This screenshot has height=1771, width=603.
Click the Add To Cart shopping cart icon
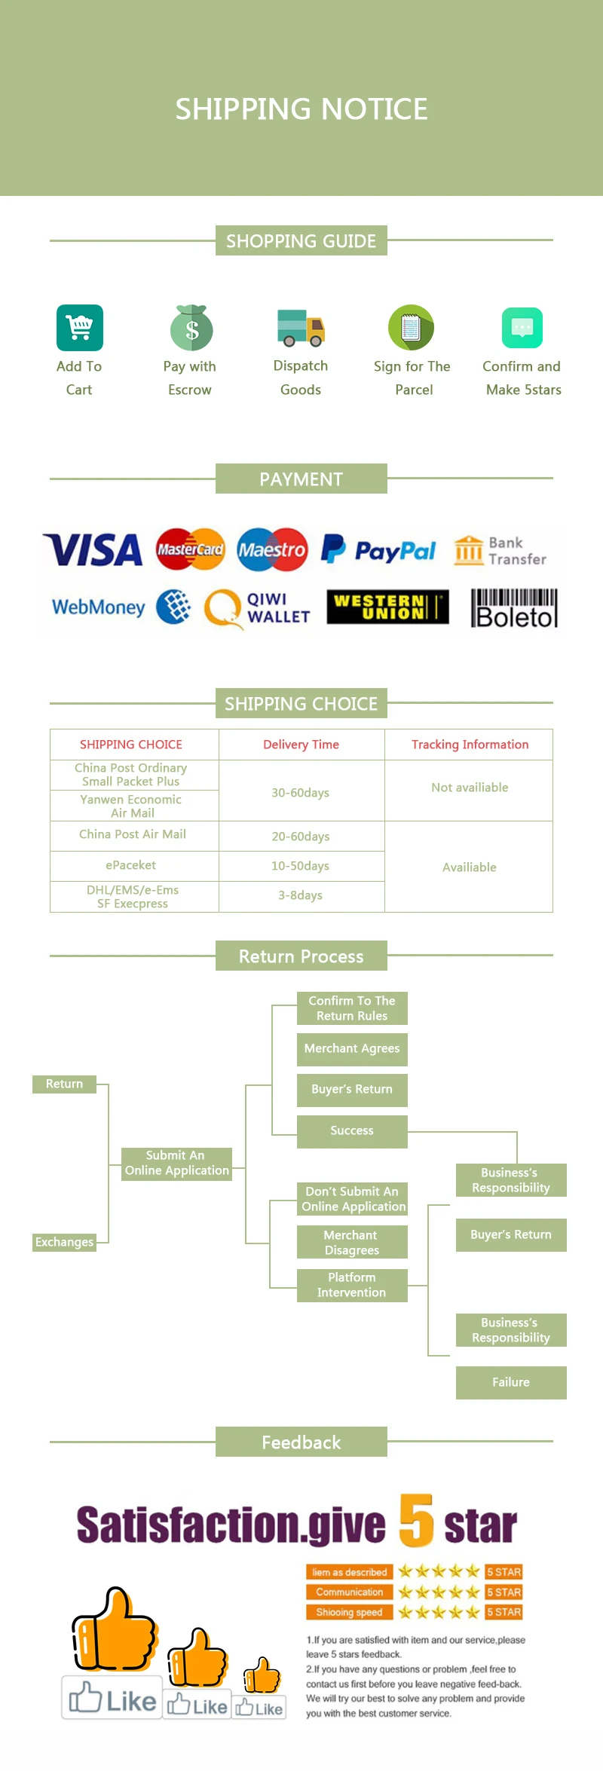pyautogui.click(x=79, y=328)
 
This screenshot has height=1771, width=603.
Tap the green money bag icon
pyautogui.click(x=191, y=328)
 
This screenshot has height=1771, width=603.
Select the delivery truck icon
pyautogui.click(x=301, y=328)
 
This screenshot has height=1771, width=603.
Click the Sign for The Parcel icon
pyautogui.click(x=411, y=328)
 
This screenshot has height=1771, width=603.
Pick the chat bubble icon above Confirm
pyautogui.click(x=522, y=328)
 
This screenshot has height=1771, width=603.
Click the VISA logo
pyautogui.click(x=93, y=550)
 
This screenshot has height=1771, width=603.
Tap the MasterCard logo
pyautogui.click(x=190, y=549)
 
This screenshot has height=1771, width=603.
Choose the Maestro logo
pyautogui.click(x=272, y=549)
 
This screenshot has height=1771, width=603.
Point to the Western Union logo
pyautogui.click(x=387, y=607)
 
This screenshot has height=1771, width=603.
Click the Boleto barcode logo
pyautogui.click(x=515, y=608)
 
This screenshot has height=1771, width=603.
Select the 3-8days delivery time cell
pyautogui.click(x=301, y=895)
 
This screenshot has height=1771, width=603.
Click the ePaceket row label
pyautogui.click(x=131, y=865)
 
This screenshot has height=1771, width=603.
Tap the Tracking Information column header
pyautogui.click(x=470, y=745)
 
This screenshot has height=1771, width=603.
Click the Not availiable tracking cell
pyautogui.click(x=470, y=788)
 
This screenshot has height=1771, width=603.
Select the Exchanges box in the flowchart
pyautogui.click(x=64, y=1242)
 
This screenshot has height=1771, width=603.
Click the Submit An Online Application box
pyautogui.click(x=176, y=1163)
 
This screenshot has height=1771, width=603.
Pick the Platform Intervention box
pyautogui.click(x=352, y=1285)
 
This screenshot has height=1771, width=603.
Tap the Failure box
pyautogui.click(x=511, y=1382)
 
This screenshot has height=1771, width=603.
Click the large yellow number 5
pyautogui.click(x=416, y=1520)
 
